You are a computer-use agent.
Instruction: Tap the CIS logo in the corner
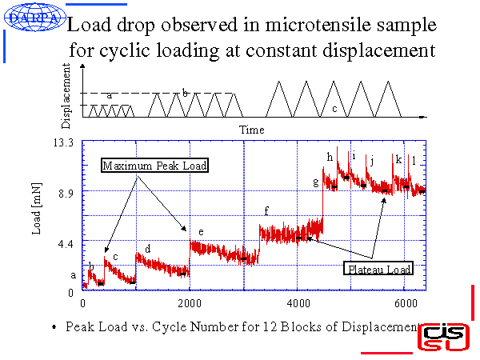click(444, 337)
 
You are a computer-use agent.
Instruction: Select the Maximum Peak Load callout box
click(154, 166)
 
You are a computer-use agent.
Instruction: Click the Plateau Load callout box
click(379, 269)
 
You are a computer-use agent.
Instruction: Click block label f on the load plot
click(266, 211)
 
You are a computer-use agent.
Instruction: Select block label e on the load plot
click(201, 232)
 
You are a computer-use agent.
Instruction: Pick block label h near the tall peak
click(329, 158)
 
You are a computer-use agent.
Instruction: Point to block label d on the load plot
click(147, 249)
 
